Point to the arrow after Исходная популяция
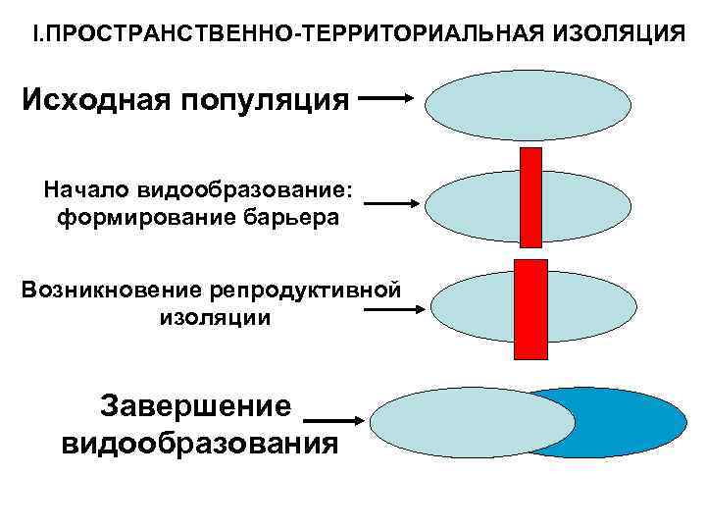[389, 98]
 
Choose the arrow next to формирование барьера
[393, 203]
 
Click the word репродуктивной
[305, 290]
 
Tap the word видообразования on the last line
[200, 443]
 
